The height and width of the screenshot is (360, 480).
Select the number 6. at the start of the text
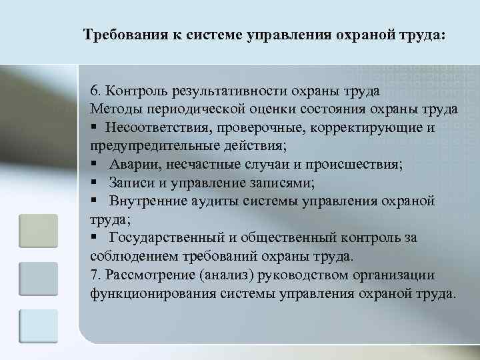coord(95,90)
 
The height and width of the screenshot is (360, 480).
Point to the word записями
coord(271,182)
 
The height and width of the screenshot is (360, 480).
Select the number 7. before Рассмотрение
coord(94,275)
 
